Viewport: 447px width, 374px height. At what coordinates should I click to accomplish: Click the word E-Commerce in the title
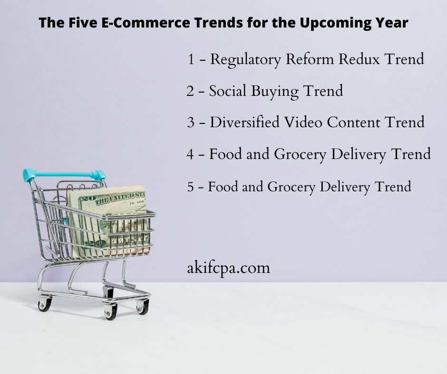146,22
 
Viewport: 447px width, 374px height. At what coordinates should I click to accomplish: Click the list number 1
191,59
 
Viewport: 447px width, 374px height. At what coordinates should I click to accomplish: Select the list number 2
190,91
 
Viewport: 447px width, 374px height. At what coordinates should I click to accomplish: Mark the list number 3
191,122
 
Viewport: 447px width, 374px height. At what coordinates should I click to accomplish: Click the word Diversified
244,122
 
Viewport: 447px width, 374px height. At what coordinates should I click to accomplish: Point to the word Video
303,122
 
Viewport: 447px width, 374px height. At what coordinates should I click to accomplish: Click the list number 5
190,187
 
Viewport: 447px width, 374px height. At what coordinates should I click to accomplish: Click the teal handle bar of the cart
64,174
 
